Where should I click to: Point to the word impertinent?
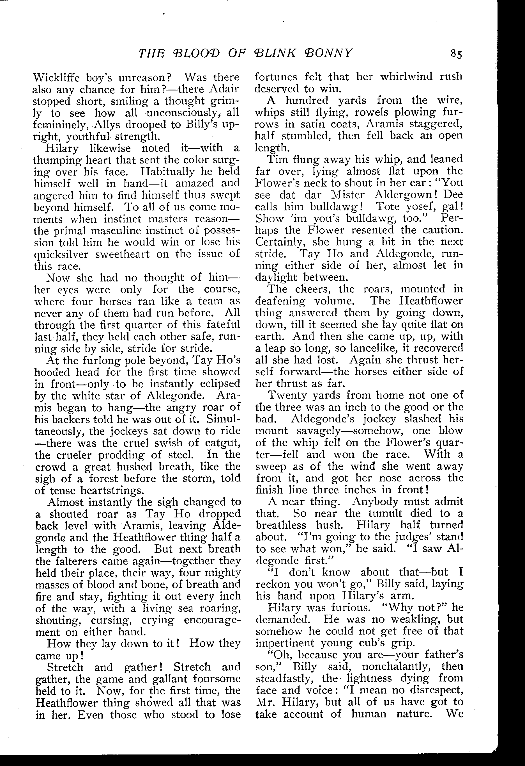pyautogui.click(x=284, y=643)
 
